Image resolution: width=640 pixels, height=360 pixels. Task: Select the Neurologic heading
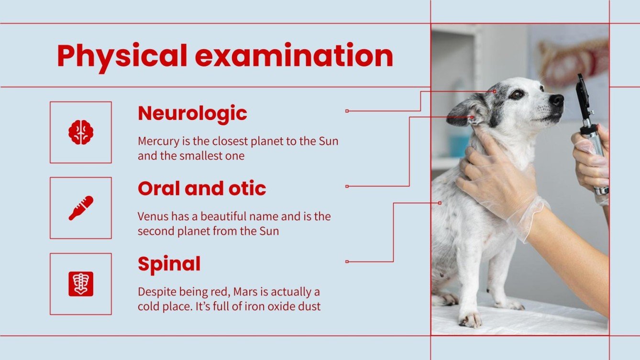192,113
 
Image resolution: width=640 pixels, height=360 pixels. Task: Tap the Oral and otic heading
201,189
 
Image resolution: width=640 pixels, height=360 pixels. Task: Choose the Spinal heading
169,264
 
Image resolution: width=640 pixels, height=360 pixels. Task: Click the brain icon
80,132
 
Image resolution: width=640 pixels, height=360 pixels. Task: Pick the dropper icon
80,208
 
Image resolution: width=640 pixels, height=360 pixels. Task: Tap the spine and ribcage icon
80,284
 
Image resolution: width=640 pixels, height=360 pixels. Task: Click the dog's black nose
556,100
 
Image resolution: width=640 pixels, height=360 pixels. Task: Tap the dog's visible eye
516,94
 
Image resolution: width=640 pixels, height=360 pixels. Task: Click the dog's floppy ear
466,112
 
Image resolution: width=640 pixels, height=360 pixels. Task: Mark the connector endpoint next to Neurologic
347,111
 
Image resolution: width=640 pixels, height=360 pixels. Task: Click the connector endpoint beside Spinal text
347,262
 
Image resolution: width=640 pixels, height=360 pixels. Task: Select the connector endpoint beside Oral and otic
347,186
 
